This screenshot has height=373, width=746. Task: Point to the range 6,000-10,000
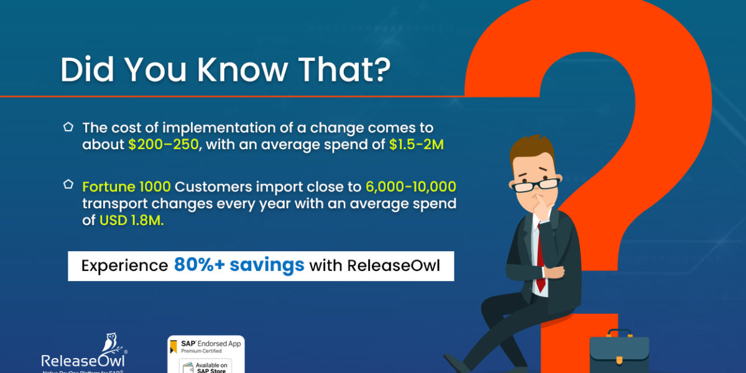411,186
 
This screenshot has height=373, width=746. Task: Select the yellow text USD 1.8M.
131,220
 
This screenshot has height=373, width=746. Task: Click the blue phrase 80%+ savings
239,265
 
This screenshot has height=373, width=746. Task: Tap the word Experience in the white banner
124,266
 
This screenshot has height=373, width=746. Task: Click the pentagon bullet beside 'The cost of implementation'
68,127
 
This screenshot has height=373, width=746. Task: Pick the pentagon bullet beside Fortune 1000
68,185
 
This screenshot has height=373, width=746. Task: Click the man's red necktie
540,261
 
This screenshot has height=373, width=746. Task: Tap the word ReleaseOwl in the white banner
394,266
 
